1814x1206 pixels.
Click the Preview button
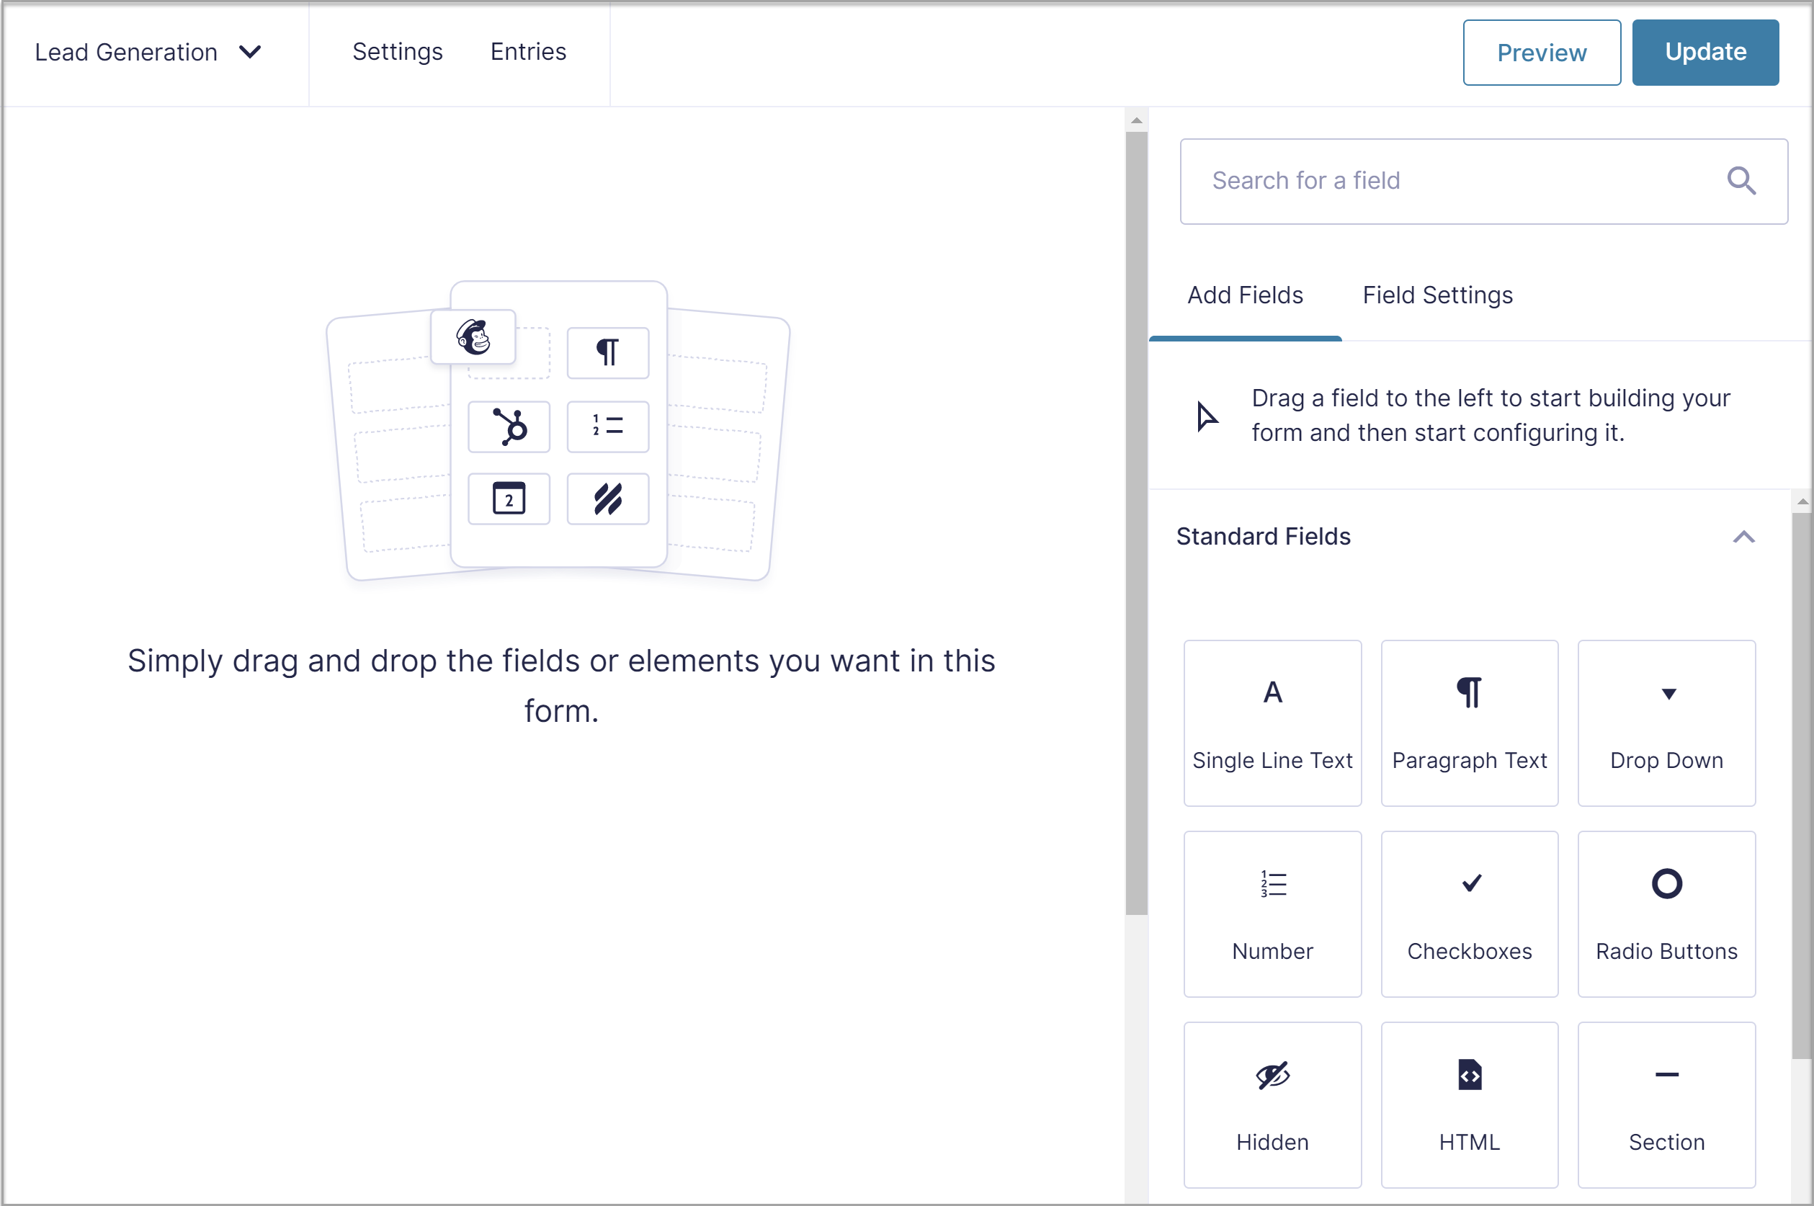(1541, 53)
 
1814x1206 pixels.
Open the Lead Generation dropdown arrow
(250, 53)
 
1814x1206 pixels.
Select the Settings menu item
(397, 52)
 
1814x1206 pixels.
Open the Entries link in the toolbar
(528, 52)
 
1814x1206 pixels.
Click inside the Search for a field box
(1446, 181)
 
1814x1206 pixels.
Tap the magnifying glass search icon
(1741, 181)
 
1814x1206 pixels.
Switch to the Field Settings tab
(1437, 295)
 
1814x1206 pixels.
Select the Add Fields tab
(1245, 295)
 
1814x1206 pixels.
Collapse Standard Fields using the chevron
(1743, 537)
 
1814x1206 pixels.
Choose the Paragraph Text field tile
(1469, 723)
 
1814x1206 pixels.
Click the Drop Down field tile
(1666, 723)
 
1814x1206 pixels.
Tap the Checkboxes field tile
(1469, 914)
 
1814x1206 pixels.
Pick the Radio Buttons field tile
(1666, 914)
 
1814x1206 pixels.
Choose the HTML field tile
(1469, 1104)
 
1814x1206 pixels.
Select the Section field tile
(1666, 1104)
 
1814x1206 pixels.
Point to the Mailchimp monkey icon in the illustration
(473, 337)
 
